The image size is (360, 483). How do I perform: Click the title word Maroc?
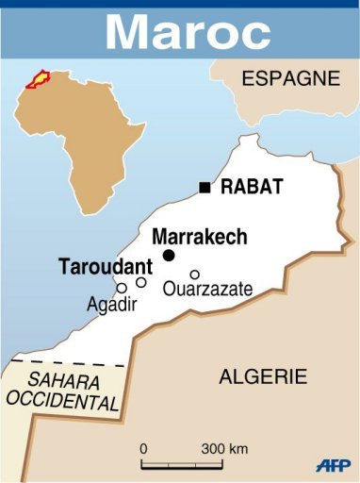(188, 30)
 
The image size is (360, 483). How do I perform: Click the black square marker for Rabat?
(205, 187)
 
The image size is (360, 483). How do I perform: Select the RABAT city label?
(252, 187)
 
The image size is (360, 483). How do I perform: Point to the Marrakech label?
(200, 236)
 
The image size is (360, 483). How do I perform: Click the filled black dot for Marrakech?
(169, 256)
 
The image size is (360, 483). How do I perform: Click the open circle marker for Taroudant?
(141, 282)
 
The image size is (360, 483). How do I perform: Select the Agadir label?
(112, 306)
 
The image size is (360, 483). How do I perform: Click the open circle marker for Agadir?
(122, 288)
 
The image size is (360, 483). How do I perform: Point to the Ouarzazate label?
(207, 290)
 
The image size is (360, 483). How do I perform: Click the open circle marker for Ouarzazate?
(195, 275)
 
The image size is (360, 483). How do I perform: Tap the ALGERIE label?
(263, 376)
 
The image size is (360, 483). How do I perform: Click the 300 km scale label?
(224, 447)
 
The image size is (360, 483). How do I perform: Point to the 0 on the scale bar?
(143, 447)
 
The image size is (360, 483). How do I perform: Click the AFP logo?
(333, 465)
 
